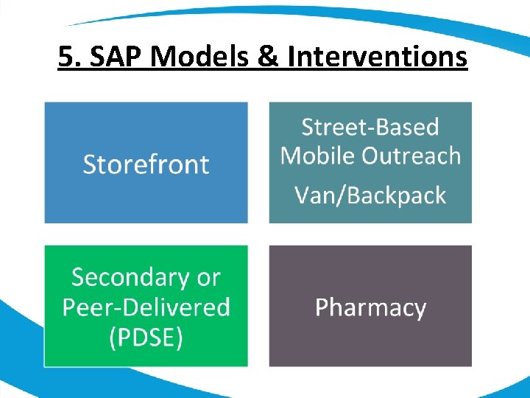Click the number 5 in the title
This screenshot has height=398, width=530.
tap(66, 55)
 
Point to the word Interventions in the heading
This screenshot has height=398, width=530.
tap(376, 55)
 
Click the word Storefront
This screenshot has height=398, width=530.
tap(146, 164)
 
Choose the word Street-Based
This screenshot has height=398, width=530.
tap(370, 127)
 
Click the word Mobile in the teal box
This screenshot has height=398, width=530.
tap(315, 156)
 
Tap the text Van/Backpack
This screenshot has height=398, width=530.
tap(370, 195)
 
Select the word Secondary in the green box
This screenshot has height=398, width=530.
tap(130, 277)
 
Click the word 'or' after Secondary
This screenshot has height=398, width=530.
tap(208, 279)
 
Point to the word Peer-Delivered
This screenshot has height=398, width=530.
tap(146, 307)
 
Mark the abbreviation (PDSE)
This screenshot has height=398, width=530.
tap(146, 338)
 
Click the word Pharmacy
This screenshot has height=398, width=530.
tap(370, 307)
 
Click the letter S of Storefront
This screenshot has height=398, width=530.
tap(90, 164)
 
